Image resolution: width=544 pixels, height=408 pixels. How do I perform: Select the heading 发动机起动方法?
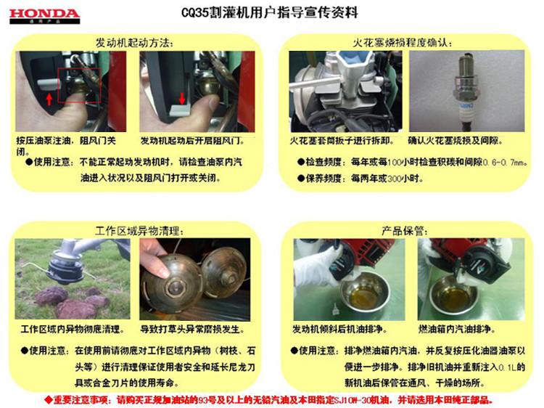coord(135,43)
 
